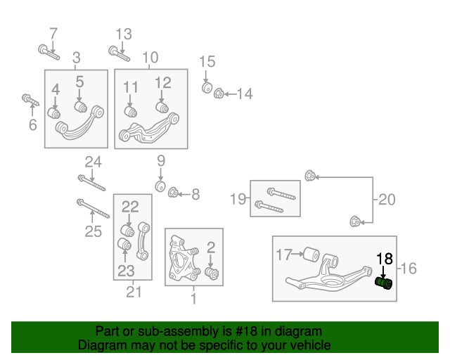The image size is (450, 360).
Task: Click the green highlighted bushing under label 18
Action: [384, 283]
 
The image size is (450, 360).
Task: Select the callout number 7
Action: [53, 34]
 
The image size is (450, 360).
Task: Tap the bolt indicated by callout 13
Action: [119, 53]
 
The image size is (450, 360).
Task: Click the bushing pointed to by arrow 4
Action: [53, 112]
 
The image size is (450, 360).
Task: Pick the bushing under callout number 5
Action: [81, 107]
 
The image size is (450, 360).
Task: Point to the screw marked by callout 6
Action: [30, 100]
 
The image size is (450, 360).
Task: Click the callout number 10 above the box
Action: [150, 58]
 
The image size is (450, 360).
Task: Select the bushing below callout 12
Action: [162, 107]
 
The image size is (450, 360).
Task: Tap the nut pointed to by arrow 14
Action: [219, 94]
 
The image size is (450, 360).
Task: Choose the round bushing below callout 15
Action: [207, 88]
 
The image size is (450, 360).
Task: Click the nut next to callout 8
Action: [173, 192]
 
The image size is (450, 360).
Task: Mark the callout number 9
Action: [161, 160]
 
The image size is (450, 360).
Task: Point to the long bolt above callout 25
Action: [93, 208]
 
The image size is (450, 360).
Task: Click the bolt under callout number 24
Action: [91, 183]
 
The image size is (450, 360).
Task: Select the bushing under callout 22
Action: [127, 231]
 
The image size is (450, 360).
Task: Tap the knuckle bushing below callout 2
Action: [212, 273]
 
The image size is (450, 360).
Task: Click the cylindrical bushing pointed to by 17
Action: [311, 255]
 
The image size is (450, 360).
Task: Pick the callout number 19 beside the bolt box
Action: [238, 199]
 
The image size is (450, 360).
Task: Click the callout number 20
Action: [387, 199]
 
